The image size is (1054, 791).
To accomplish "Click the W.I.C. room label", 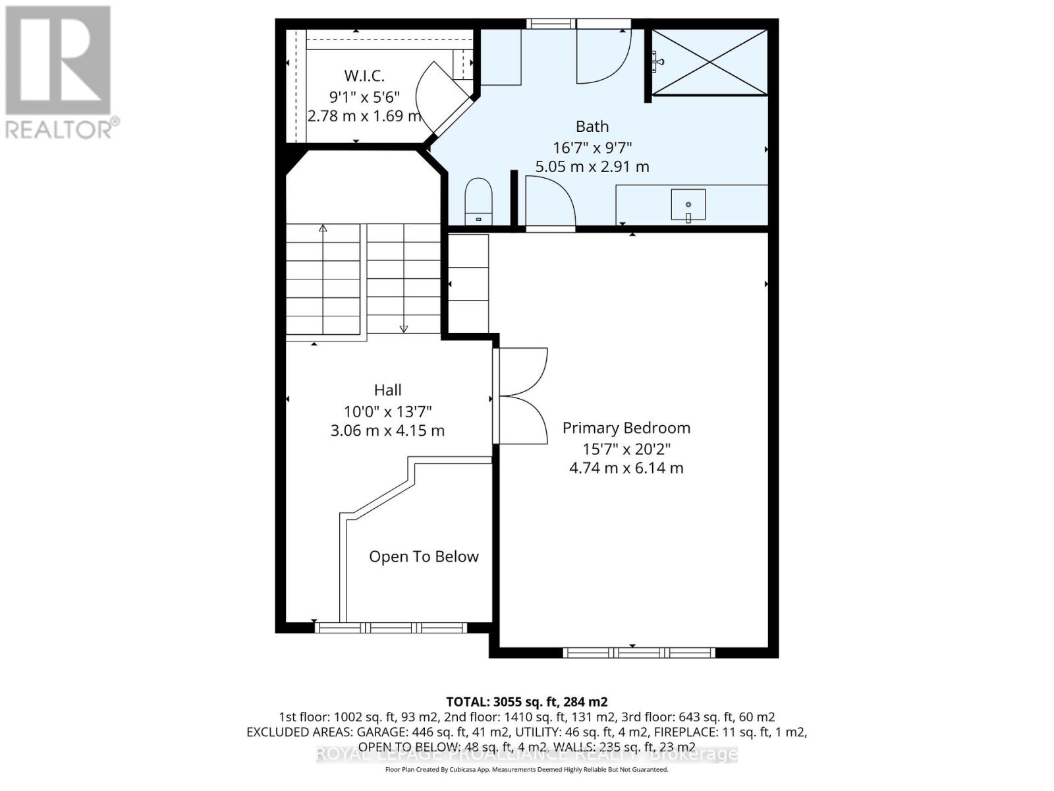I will pos(364,76).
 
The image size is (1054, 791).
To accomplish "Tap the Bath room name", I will pos(592,126).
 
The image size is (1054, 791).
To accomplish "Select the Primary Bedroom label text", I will pos(626,428).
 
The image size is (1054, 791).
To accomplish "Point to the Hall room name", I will pos(387,390).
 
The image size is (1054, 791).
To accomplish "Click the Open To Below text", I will pos(424,557).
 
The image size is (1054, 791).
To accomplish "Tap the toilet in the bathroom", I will pos(479,200).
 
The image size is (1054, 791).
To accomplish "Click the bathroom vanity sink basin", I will pos(688,204).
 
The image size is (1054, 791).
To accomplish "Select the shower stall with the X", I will pos(709,63).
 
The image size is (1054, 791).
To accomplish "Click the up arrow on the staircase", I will pos(323,229).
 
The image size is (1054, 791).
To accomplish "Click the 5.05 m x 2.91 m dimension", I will pos(592,167).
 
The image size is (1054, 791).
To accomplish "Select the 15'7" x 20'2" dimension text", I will pos(626,449).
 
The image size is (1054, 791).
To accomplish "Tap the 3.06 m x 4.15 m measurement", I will pos(387,431).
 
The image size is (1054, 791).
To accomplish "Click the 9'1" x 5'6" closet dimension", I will pos(364,96).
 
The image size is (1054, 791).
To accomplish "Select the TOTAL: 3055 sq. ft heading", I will pos(526,701).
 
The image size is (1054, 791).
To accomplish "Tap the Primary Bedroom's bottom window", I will pos(638,653).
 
